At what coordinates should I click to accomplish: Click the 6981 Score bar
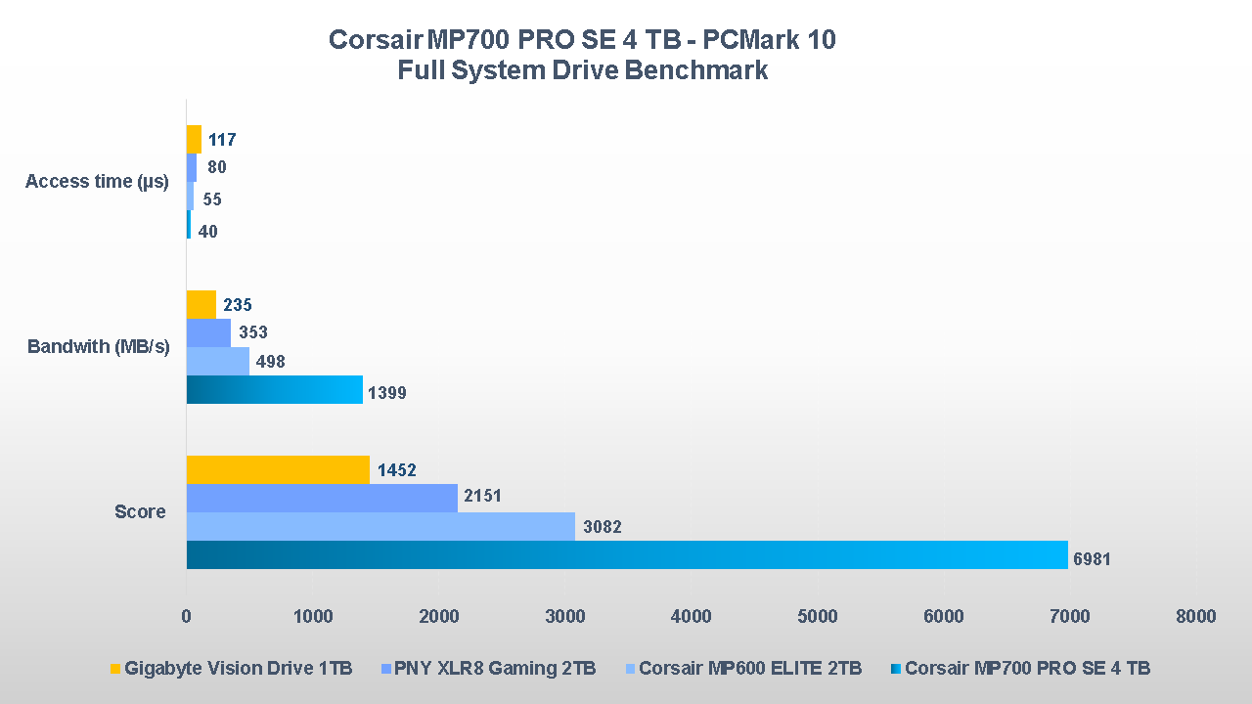click(626, 554)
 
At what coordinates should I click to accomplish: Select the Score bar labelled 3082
click(380, 526)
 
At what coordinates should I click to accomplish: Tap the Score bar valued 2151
click(322, 498)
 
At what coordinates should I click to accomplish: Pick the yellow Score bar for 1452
click(278, 469)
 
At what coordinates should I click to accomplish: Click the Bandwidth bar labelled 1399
click(275, 389)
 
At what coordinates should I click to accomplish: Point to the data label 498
click(270, 362)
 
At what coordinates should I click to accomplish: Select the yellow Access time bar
click(194, 139)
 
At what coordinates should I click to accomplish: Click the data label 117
click(222, 140)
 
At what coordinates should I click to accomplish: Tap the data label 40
click(207, 232)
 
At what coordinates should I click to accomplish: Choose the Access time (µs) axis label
click(97, 181)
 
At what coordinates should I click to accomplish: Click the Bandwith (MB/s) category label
click(98, 347)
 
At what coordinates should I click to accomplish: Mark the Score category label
click(140, 511)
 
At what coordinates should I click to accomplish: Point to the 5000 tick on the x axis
click(818, 616)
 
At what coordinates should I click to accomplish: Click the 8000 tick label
click(1196, 616)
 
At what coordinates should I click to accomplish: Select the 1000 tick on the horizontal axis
click(312, 616)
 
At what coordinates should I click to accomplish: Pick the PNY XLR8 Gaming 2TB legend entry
click(496, 669)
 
